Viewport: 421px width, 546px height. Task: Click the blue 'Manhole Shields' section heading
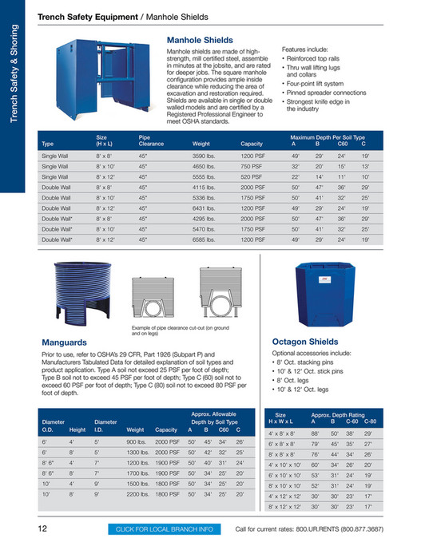[200, 39]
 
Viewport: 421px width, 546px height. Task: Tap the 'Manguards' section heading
[67, 342]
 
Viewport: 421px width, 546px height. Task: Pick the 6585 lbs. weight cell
[205, 239]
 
